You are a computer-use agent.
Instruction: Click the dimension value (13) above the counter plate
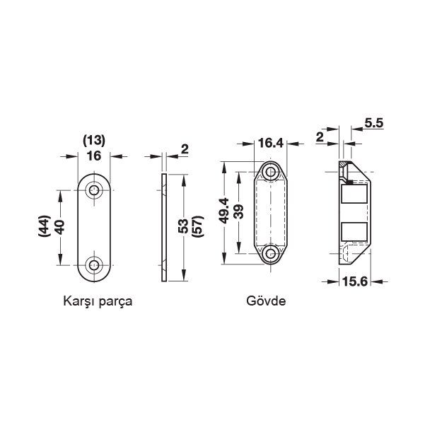tap(93, 139)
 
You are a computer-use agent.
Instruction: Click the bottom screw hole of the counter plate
tap(93, 266)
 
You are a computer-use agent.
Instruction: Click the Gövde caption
tap(266, 301)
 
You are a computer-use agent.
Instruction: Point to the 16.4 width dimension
tap(270, 144)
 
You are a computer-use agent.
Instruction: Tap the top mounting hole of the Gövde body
tap(270, 172)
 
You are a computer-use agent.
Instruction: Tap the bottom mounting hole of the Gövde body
tap(270, 253)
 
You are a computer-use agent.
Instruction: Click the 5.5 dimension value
tap(374, 124)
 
